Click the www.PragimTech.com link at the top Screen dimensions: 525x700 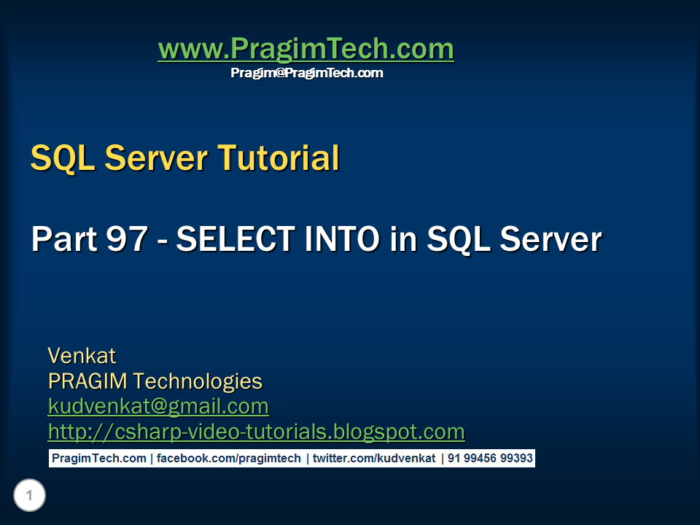click(306, 50)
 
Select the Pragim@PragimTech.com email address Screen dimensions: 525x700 click(306, 73)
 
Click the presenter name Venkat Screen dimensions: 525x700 click(82, 356)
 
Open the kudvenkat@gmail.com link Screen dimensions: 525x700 click(158, 406)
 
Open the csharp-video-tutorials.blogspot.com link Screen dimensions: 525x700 click(256, 432)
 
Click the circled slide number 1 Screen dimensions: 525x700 click(29, 497)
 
